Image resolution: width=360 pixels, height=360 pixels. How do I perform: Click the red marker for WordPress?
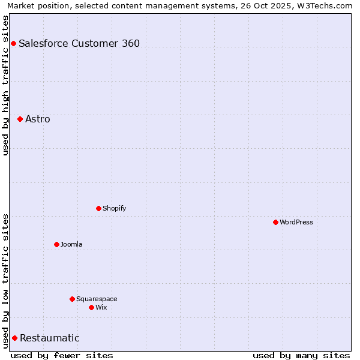click(x=275, y=222)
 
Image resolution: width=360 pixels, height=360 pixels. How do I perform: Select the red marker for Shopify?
click(x=98, y=208)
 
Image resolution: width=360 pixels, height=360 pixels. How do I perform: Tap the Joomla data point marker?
click(x=56, y=244)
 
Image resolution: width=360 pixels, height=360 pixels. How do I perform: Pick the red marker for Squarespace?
click(x=72, y=299)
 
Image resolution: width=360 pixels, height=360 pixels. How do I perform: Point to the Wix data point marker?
click(x=91, y=307)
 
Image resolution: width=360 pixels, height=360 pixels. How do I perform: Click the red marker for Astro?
click(x=20, y=119)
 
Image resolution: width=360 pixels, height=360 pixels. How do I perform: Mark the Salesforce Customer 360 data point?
click(x=13, y=43)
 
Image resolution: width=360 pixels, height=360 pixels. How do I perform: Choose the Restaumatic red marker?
click(x=14, y=338)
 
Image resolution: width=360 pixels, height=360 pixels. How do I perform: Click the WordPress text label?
click(x=296, y=222)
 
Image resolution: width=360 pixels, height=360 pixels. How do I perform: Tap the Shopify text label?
click(x=115, y=208)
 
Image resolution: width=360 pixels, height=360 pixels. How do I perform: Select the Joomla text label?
click(x=71, y=244)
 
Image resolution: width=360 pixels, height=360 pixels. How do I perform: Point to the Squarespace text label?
click(x=97, y=299)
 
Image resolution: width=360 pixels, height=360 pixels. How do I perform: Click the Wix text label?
click(x=101, y=307)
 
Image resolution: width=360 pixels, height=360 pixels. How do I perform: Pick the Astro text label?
click(x=38, y=119)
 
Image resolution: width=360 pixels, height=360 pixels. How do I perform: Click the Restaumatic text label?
click(x=50, y=338)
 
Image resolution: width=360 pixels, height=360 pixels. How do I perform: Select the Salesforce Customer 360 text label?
click(x=79, y=43)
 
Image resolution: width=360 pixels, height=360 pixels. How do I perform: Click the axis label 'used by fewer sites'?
click(x=62, y=355)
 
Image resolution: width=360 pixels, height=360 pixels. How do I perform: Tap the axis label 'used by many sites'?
click(x=301, y=355)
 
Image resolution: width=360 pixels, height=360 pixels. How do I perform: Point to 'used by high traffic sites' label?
click(x=5, y=85)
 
